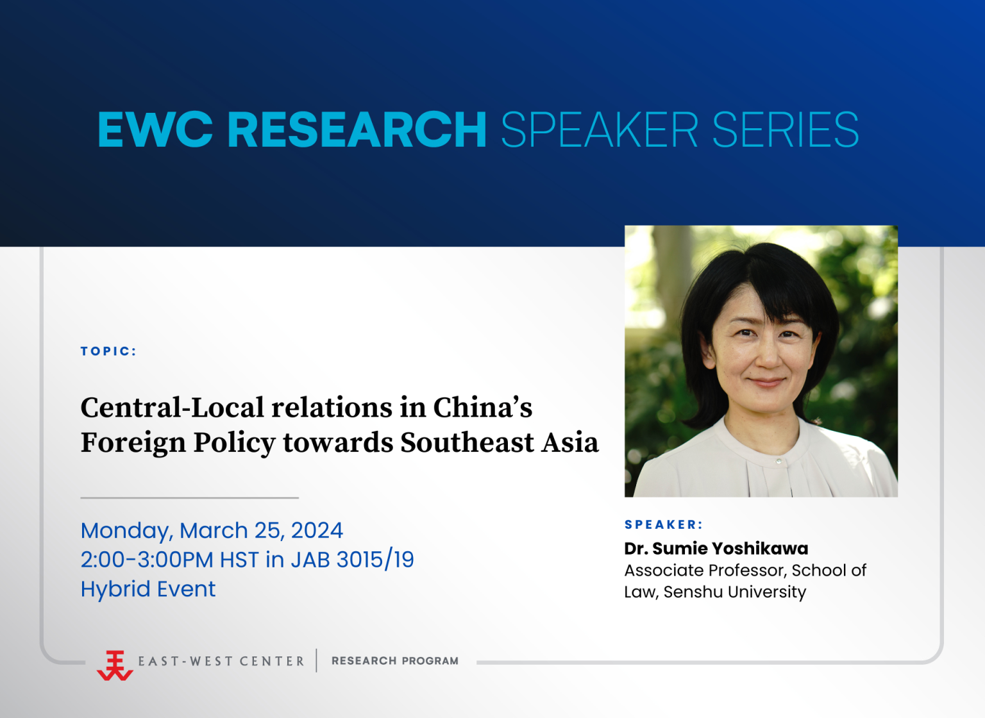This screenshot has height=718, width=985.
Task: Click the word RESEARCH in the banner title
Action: click(x=357, y=129)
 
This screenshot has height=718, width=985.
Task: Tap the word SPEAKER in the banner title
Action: click(x=600, y=129)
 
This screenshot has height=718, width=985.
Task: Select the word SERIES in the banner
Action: click(x=786, y=129)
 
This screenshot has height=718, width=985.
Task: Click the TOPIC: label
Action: click(x=108, y=351)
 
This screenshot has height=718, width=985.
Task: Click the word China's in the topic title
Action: click(x=483, y=407)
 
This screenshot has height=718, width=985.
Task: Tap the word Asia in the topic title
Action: click(x=570, y=442)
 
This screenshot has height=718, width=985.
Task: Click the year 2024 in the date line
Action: click(x=317, y=530)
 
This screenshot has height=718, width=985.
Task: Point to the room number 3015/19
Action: click(x=375, y=560)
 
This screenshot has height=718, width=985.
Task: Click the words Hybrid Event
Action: click(x=148, y=589)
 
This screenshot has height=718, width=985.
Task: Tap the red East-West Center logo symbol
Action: click(x=115, y=665)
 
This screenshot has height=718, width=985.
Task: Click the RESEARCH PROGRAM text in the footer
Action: click(x=395, y=661)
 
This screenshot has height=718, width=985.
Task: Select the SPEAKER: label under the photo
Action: click(x=664, y=524)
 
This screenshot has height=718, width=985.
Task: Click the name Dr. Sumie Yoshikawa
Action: click(x=716, y=548)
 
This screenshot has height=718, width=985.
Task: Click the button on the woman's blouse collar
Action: click(x=779, y=461)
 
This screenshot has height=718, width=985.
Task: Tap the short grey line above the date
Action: click(x=190, y=497)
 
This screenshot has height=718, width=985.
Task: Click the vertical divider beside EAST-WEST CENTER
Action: click(x=316, y=660)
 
